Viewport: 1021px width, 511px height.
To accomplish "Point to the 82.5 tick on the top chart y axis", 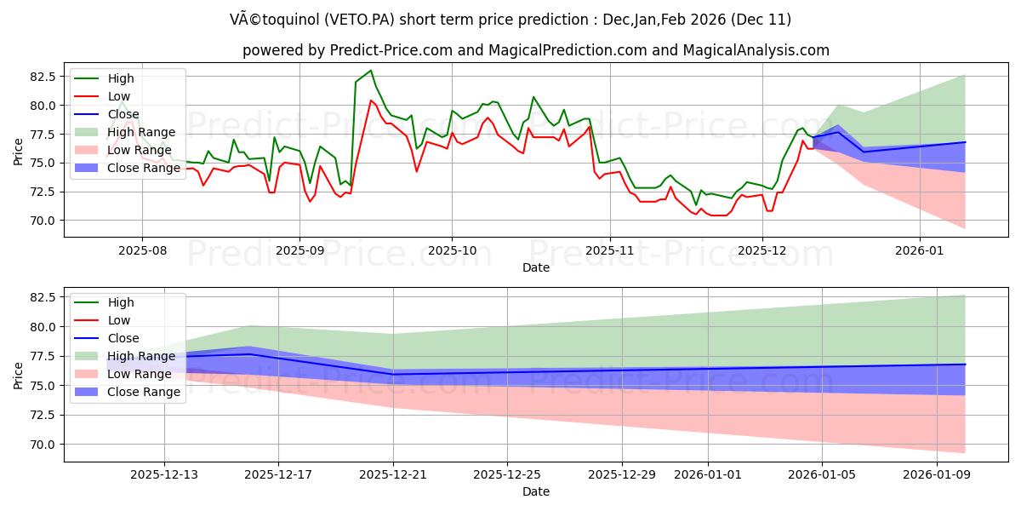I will coord(43,77).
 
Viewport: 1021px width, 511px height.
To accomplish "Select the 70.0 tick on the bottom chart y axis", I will coord(43,445).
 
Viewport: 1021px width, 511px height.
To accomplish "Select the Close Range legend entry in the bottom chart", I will coord(144,392).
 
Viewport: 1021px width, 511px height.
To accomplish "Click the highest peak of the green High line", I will coord(370,71).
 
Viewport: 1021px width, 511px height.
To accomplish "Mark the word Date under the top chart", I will coord(536,267).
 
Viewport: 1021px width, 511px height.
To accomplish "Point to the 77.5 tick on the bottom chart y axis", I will coord(43,356).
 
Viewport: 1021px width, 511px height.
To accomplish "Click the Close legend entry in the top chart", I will coord(123,114).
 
